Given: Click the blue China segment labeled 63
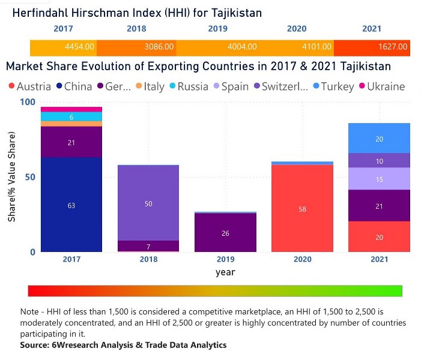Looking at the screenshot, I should (x=71, y=205).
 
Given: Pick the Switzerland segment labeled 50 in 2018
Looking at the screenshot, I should (x=148, y=203).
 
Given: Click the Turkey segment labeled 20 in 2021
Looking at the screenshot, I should (x=379, y=139).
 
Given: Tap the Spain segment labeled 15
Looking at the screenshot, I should (x=379, y=179).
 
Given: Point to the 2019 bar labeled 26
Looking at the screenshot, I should (x=225, y=233).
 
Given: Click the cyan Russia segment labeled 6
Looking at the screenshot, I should (x=71, y=117).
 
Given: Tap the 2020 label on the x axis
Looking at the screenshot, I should (x=303, y=259).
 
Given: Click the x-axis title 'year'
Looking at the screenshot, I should (x=225, y=272).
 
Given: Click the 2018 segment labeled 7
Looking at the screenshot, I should (x=148, y=247).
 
